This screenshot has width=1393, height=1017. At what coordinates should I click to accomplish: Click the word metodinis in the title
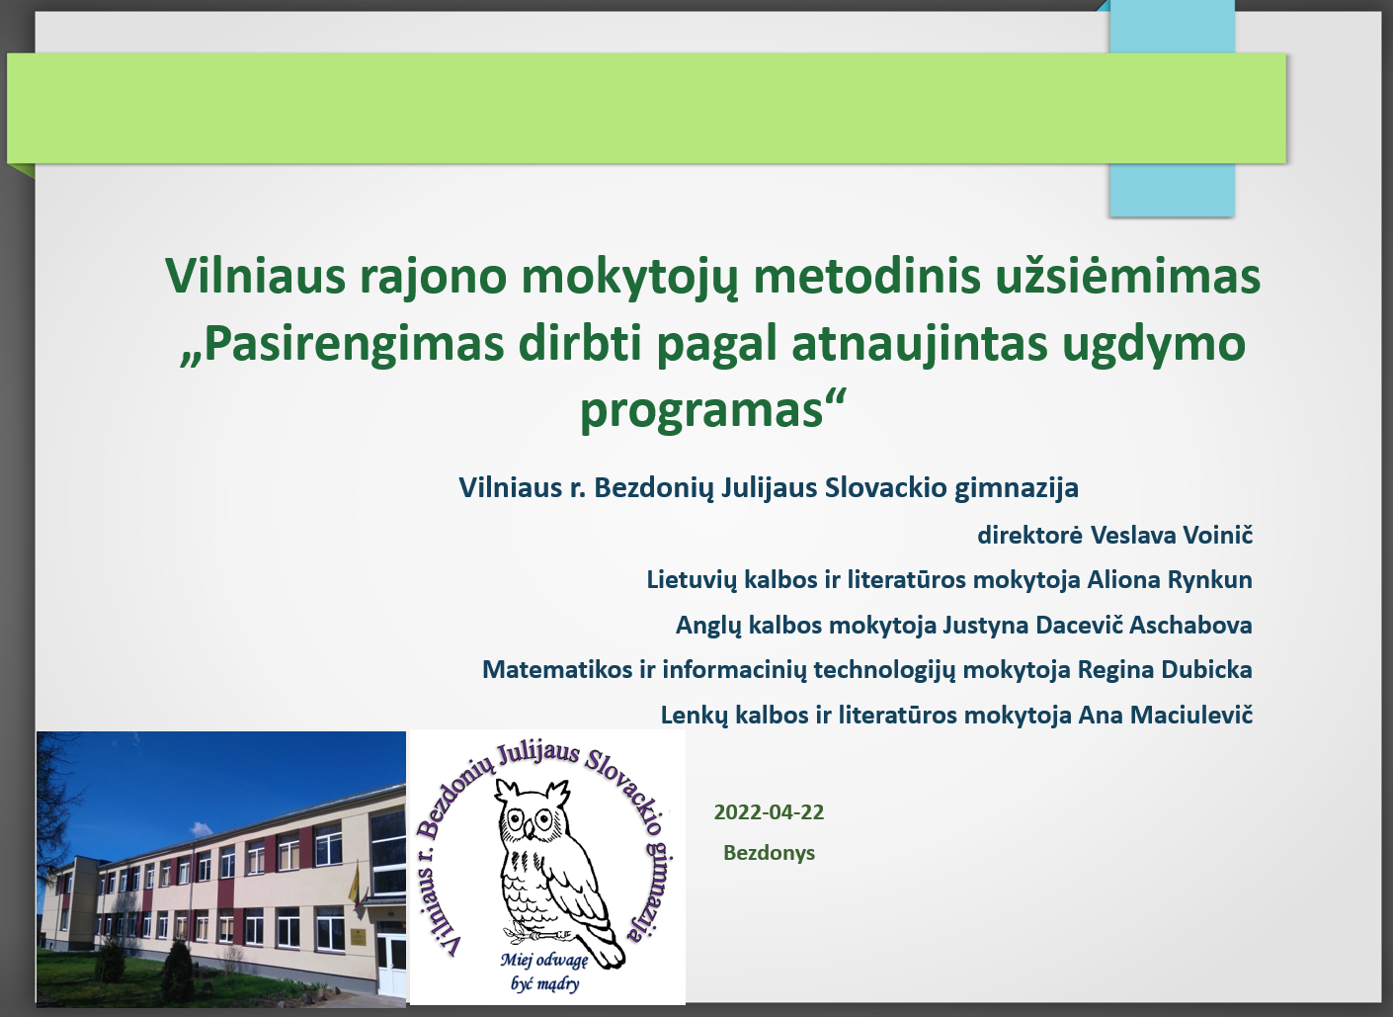tap(866, 276)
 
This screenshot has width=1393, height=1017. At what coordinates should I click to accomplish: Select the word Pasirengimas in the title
tap(354, 344)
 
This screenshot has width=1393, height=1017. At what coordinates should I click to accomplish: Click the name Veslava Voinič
tap(1172, 536)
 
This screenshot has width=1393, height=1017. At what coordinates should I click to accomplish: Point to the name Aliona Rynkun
tap(1170, 580)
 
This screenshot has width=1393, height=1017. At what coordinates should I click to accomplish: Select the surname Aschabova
tap(1190, 626)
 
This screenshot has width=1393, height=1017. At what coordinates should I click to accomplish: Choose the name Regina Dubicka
tap(1165, 670)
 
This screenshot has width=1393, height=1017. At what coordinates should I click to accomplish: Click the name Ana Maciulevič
tap(1166, 716)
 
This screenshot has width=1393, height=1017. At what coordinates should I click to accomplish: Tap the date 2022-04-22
tap(769, 812)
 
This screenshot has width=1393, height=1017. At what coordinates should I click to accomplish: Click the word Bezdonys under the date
tap(769, 853)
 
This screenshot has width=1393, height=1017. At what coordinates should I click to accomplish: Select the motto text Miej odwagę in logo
tap(544, 961)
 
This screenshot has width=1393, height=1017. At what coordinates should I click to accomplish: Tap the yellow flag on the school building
tap(354, 882)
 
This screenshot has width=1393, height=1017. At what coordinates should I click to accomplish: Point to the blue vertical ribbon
tap(1173, 109)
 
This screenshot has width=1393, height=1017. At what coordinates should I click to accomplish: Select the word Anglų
tap(708, 626)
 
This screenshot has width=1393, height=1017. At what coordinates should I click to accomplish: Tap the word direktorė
tap(1029, 536)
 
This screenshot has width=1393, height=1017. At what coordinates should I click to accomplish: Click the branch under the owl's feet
tap(537, 934)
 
